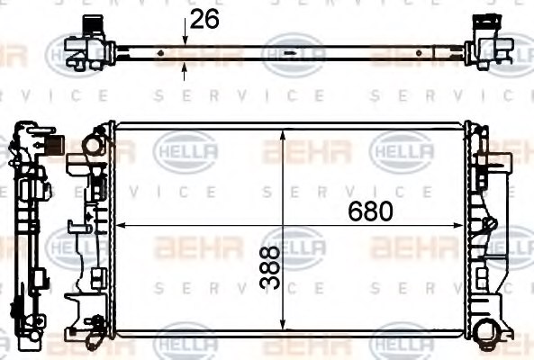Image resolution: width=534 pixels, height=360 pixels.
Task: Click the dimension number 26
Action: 206,18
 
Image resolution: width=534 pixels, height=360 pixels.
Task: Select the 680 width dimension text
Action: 369,211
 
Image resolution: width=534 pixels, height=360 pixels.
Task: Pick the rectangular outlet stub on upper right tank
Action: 493,167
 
